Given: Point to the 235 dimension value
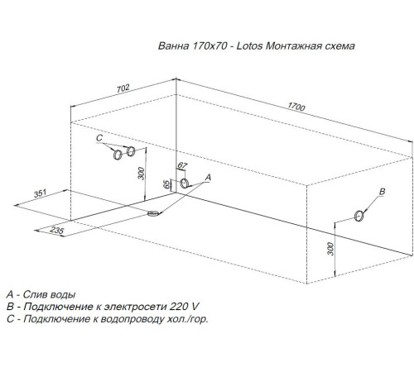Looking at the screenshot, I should click(56, 231).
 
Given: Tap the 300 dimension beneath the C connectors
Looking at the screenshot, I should click(141, 174).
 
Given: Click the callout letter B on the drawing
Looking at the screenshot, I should click(382, 192).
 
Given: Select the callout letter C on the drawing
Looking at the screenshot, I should click(99, 138).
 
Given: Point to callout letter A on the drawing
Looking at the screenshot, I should click(207, 177).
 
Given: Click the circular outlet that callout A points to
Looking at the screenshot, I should click(185, 184).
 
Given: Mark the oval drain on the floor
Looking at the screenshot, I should click(153, 214).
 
